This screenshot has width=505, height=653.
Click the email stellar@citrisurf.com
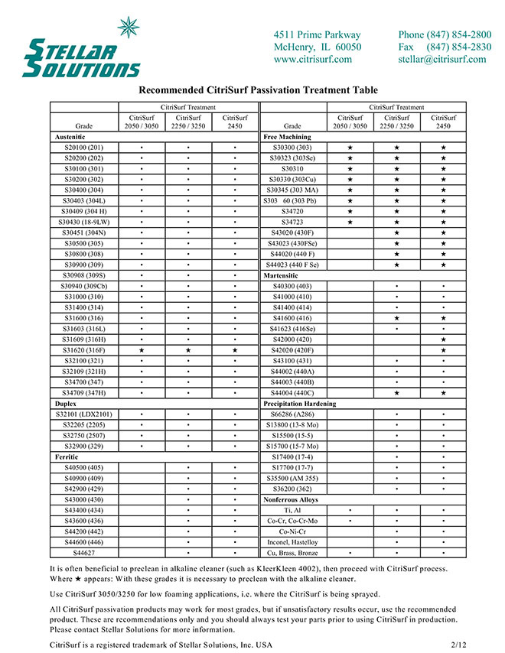(x=441, y=60)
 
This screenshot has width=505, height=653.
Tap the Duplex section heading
(x=64, y=403)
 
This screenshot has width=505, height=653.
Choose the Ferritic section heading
(x=67, y=456)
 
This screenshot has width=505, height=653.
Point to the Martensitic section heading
(x=284, y=275)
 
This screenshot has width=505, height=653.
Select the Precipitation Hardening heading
(x=299, y=403)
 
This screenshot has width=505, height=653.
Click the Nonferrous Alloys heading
(x=292, y=499)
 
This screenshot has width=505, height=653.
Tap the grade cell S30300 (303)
(x=292, y=146)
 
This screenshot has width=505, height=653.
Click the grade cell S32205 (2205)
(x=84, y=424)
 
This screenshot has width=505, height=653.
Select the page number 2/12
(x=459, y=645)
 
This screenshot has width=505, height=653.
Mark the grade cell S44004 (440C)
(x=292, y=392)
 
